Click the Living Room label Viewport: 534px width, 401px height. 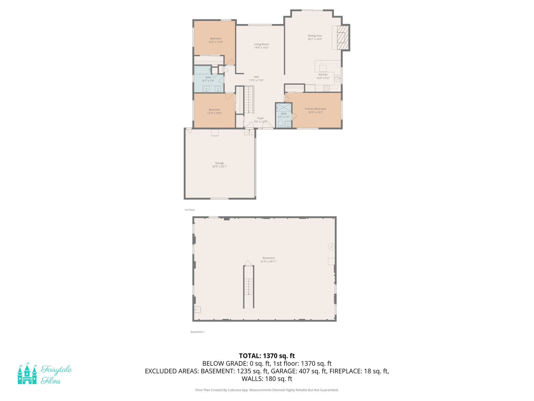click(261, 44)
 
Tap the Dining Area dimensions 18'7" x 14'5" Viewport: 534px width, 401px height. click(315, 39)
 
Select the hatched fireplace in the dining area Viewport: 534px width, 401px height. click(343, 38)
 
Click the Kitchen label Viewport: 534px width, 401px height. click(323, 75)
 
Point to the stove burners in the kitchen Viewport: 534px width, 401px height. click(326, 88)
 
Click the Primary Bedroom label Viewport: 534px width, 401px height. click(315, 109)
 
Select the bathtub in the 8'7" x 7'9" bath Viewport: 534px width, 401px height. click(202, 70)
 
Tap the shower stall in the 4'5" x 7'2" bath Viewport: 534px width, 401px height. click(284, 107)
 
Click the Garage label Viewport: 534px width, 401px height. click(220, 163)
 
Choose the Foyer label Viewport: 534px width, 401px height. click(260, 118)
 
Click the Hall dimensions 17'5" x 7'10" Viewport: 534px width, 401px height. click(256, 80)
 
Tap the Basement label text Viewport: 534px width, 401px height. click(269, 258)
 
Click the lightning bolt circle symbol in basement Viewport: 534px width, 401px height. click(331, 247)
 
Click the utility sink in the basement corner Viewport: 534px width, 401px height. click(198, 310)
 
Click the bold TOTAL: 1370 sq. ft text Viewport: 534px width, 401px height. click(267, 356)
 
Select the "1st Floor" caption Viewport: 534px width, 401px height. click(190, 210)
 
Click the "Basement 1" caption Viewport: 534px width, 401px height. click(198, 332)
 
